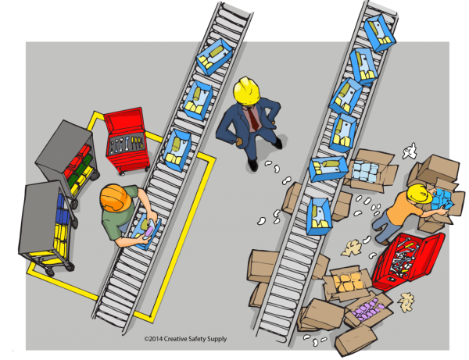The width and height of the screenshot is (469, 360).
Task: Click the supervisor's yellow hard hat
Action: pos(246,91)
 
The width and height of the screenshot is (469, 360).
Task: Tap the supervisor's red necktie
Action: pos(253,117)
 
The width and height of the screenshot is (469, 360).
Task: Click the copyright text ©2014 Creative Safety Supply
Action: pos(185,339)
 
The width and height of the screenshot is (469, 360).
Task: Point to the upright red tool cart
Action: pos(127,141)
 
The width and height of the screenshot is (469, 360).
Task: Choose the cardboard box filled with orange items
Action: pos(348,283)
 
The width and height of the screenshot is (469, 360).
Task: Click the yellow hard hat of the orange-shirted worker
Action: pos(418,194)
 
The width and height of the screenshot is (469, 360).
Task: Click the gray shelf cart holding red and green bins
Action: pos(68,162)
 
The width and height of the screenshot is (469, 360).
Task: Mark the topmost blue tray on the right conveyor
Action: pos(380,33)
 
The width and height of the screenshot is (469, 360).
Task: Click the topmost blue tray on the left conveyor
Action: pos(214,57)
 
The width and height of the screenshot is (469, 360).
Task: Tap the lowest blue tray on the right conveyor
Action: pos(319,216)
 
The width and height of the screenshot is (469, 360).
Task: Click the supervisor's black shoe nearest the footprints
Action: pos(252,165)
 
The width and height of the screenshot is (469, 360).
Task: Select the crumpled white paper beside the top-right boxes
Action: pos(410,151)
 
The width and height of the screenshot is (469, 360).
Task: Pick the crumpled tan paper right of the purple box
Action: pos(406,301)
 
